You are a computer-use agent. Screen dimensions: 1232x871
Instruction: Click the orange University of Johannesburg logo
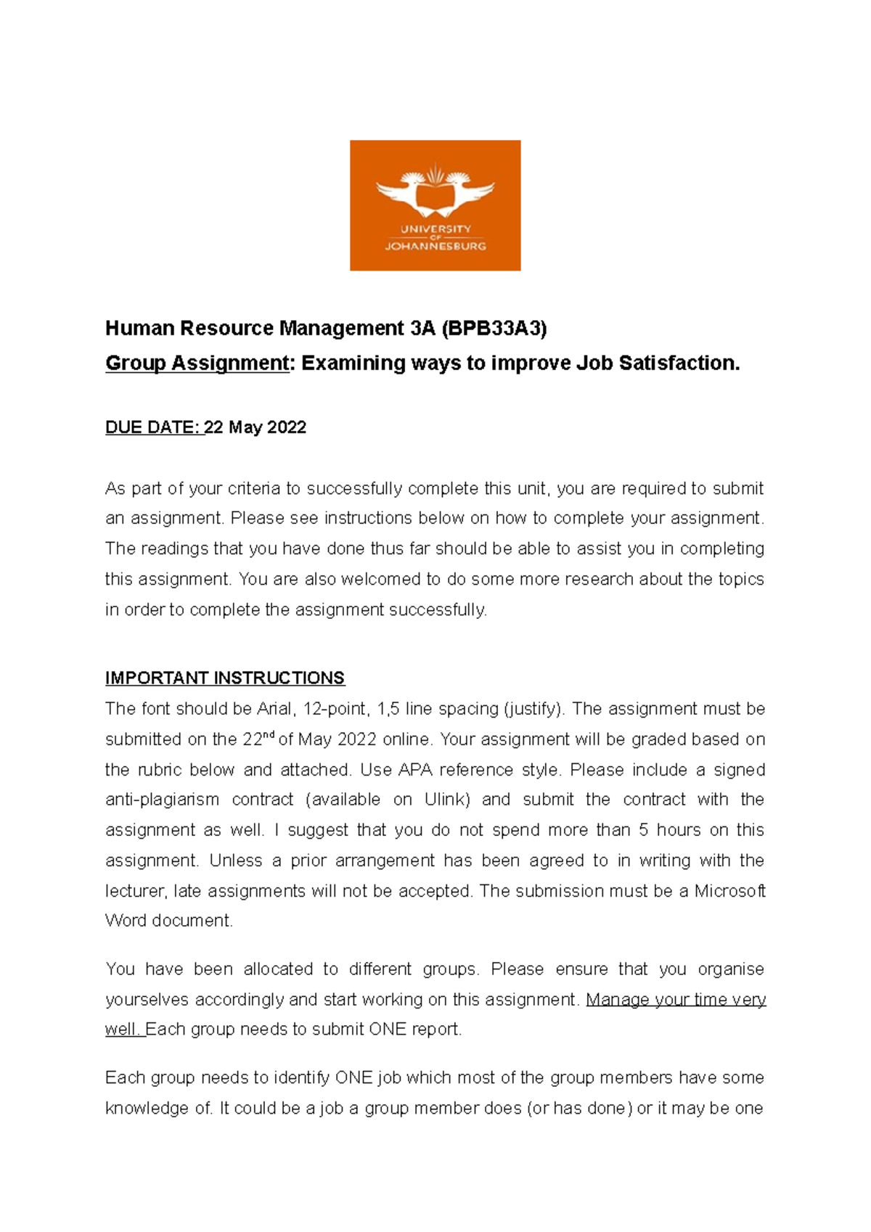[435, 205]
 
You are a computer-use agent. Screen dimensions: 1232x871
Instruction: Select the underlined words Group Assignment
[197, 363]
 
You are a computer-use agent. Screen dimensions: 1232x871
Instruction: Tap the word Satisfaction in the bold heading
[679, 363]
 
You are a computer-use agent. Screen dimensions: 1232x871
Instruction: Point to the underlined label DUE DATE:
[153, 427]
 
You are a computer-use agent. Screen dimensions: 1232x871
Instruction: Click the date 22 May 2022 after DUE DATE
[255, 427]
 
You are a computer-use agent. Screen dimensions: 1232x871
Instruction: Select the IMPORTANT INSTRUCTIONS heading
[224, 678]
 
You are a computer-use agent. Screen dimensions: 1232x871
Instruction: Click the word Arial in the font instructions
[274, 709]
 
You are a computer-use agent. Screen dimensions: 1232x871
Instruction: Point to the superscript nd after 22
[269, 735]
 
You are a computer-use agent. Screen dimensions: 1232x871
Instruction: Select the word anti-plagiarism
[162, 800]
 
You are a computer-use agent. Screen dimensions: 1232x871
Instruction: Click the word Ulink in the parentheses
[444, 800]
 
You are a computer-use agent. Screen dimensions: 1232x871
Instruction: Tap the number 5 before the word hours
[644, 830]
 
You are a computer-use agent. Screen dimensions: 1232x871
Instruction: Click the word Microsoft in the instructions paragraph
[729, 891]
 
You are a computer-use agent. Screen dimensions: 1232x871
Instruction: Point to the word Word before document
[126, 921]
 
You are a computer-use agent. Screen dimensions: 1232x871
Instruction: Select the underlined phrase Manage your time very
[675, 1000]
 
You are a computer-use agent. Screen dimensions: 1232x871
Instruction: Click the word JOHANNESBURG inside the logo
[435, 246]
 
